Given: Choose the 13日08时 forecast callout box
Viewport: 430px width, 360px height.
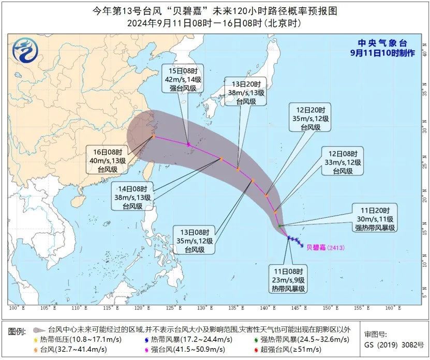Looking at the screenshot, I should coord(201,242).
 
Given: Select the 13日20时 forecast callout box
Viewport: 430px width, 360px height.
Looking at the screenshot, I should coord(246,93).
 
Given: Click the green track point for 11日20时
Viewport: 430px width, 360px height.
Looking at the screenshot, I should coord(279,226).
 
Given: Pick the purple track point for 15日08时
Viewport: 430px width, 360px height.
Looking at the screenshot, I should coord(188,144).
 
